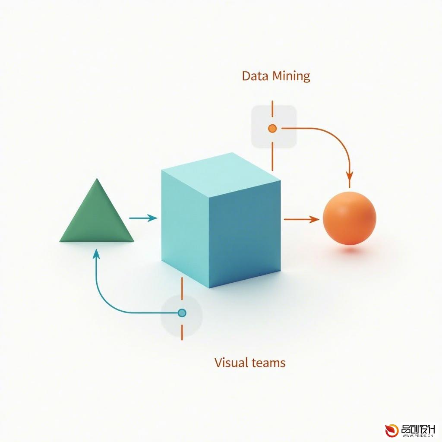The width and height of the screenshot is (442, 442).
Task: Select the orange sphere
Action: pyautogui.click(x=349, y=218)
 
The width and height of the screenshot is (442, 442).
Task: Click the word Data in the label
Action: pyautogui.click(x=252, y=76)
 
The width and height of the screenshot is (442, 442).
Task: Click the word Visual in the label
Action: pyautogui.click(x=231, y=362)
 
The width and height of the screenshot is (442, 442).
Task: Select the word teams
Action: pyautogui.click(x=268, y=363)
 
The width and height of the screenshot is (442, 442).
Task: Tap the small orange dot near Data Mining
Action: pyautogui.click(x=272, y=129)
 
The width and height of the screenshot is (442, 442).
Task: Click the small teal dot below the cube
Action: pyautogui.click(x=182, y=313)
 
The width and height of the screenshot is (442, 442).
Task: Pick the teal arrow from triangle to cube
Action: pyautogui.click(x=143, y=218)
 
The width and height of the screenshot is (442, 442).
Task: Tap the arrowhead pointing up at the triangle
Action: pyautogui.click(x=96, y=254)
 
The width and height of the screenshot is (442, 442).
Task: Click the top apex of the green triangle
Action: pyautogui.click(x=97, y=178)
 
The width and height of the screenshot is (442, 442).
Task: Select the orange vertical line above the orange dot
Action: pyautogui.click(x=272, y=108)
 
